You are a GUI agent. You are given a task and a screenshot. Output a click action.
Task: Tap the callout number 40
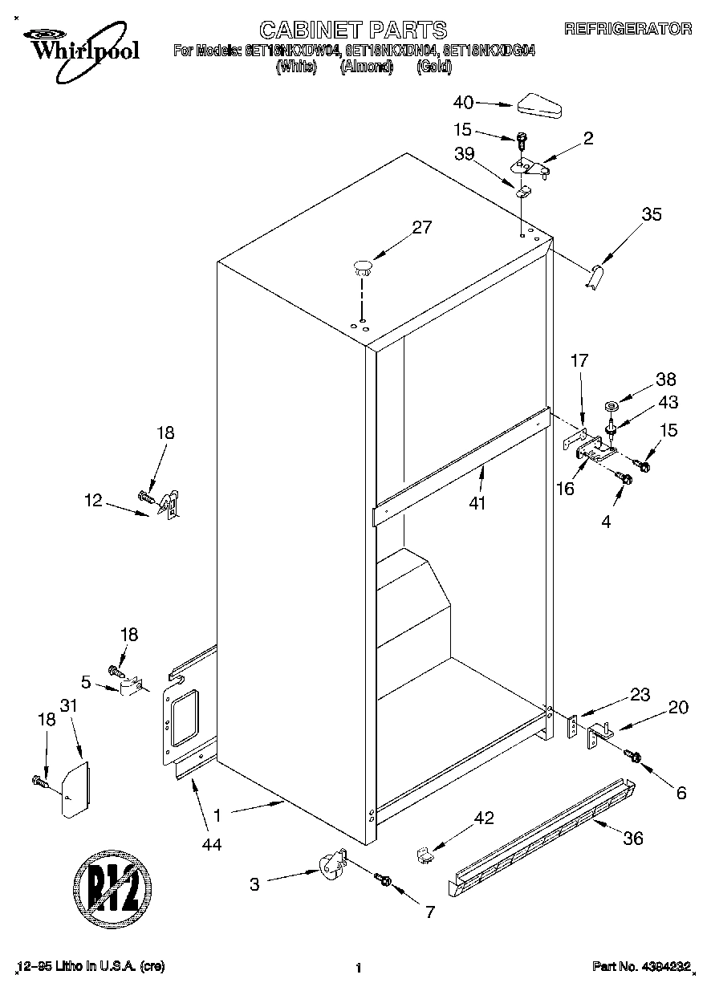tap(464, 102)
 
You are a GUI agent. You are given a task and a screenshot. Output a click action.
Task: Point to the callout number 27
tap(422, 227)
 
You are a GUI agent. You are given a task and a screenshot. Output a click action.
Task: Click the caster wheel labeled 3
tap(329, 867)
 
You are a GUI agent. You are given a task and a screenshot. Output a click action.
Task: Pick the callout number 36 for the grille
tap(633, 839)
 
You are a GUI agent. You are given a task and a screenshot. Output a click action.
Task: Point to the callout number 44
tap(212, 843)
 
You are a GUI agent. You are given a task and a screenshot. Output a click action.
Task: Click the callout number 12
tap(93, 501)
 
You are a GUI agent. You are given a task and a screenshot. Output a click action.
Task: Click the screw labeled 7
tap(383, 881)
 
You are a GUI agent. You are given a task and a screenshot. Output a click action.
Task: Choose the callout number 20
tap(678, 707)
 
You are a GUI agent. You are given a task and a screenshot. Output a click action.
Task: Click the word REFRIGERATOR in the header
tap(628, 30)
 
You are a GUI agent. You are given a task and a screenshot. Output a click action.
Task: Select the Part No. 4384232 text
tap(641, 967)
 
